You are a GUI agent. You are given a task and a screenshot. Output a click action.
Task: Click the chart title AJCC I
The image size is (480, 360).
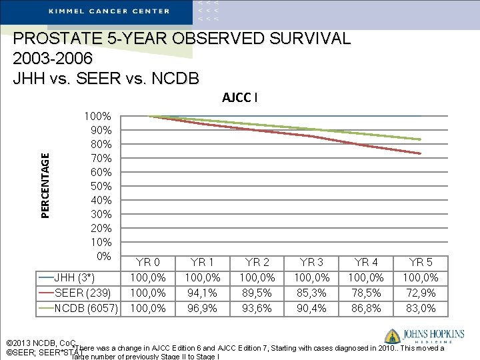[x=239, y=97]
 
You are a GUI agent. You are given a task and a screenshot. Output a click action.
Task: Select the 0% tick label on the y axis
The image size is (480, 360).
[x=104, y=256]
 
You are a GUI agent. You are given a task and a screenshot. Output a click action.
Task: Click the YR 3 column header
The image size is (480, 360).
[x=312, y=262]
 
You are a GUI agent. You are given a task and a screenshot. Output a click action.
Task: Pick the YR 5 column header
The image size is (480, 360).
[x=421, y=262]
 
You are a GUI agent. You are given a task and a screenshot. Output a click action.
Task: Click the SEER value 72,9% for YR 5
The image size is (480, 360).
[x=421, y=293]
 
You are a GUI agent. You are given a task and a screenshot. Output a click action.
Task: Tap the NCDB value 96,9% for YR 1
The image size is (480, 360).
[x=203, y=308]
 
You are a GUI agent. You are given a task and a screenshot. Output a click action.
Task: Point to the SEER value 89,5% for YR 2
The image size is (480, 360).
[x=257, y=293]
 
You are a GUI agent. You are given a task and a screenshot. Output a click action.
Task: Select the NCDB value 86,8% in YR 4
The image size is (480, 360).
[x=366, y=308]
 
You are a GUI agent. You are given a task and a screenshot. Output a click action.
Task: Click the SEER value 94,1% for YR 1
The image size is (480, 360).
[x=203, y=293]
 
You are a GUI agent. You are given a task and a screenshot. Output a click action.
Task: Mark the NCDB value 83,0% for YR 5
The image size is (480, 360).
[x=421, y=308]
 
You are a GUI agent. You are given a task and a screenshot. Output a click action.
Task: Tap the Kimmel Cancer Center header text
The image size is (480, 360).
[x=109, y=11]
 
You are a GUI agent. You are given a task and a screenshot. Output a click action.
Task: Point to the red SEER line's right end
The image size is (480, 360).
[x=420, y=153]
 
